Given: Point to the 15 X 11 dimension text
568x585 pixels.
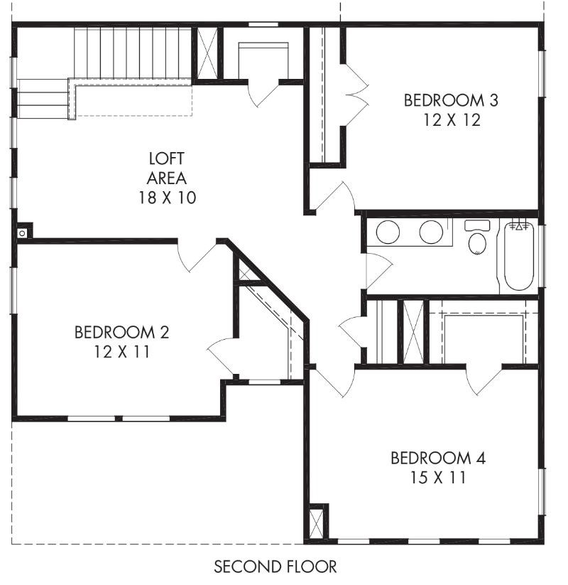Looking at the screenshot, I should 438,478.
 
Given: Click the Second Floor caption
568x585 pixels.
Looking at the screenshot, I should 275,567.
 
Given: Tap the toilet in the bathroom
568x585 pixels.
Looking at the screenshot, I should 477,240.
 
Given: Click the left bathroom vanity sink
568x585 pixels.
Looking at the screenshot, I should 388,232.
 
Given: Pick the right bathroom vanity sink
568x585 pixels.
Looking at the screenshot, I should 431,232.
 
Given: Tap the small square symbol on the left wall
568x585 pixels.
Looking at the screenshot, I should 23,232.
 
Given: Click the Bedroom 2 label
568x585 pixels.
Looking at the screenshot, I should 121,332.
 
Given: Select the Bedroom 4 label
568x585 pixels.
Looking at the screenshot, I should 438,458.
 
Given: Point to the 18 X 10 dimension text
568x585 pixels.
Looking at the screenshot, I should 167,197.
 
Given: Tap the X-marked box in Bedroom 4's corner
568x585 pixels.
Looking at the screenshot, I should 317,521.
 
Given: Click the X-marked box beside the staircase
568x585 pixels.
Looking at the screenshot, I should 207,54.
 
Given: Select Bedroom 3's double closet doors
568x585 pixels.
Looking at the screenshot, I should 355,94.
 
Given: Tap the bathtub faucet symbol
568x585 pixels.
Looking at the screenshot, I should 520,227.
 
